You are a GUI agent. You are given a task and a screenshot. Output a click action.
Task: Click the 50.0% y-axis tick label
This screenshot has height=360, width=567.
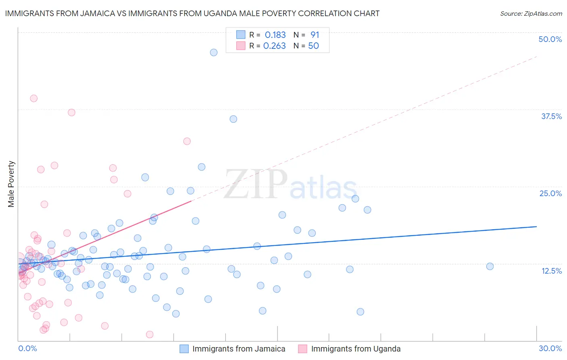(x=550, y=39)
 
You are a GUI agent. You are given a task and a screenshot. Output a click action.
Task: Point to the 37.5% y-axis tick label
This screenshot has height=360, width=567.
(x=551, y=116)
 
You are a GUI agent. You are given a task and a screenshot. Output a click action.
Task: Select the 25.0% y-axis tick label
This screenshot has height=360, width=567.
(x=550, y=193)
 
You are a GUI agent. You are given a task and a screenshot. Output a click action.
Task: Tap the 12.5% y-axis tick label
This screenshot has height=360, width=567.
(x=551, y=271)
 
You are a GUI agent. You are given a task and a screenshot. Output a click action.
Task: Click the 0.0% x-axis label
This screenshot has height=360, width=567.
(x=27, y=348)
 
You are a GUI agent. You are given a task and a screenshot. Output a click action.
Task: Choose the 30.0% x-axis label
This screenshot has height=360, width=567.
(x=550, y=348)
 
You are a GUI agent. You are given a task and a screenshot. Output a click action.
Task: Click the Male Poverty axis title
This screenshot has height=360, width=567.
(x=11, y=184)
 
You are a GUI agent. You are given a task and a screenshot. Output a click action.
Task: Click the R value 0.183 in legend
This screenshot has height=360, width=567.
(x=275, y=35)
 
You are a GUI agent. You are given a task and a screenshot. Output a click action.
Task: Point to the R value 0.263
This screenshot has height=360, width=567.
(x=274, y=46)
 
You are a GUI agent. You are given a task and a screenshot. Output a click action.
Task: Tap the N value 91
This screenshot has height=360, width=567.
(x=315, y=35)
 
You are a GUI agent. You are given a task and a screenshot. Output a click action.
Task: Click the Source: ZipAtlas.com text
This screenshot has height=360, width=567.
(x=531, y=14)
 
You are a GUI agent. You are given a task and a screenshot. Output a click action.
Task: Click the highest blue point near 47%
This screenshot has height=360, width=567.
(x=214, y=52)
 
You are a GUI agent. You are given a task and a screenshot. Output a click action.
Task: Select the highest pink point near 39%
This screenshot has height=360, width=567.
(x=34, y=98)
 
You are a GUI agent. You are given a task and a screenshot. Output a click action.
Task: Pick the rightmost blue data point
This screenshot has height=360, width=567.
(x=490, y=266)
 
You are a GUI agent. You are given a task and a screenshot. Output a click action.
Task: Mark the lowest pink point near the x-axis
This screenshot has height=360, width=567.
(x=150, y=334)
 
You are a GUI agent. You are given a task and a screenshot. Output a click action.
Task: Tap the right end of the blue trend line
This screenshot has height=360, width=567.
(x=536, y=227)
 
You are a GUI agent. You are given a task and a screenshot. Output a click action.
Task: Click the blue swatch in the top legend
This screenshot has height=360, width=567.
(x=241, y=35)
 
